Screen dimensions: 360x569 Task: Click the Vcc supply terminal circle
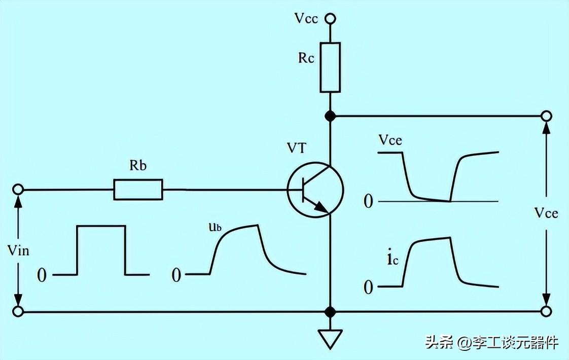330,19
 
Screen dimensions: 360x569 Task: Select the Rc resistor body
330,67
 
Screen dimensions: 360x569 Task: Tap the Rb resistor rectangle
138,190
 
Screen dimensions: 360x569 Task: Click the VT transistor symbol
315,190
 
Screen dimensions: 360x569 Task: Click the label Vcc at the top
306,19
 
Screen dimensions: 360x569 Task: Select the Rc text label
306,58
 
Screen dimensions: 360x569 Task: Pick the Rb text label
137,166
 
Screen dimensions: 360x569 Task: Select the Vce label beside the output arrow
546,214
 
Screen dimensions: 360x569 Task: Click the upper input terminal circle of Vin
18,190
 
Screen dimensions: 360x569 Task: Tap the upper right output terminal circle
546,116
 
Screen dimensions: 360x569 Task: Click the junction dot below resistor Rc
330,116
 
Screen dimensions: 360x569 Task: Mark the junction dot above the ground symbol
330,311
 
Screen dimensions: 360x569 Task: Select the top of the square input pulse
101,226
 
